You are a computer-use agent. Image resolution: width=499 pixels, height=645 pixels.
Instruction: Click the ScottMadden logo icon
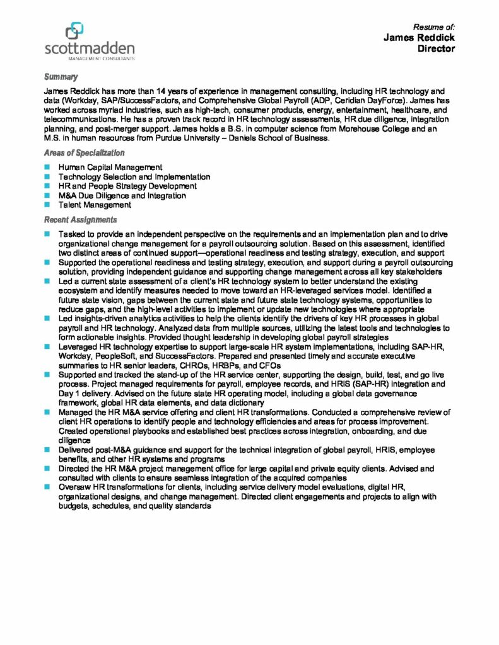(x=74, y=30)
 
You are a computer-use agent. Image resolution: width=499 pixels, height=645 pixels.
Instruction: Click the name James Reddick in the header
(x=419, y=38)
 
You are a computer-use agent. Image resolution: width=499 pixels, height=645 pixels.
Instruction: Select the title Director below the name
(x=436, y=49)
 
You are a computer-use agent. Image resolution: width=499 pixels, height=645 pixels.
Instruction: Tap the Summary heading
(x=61, y=77)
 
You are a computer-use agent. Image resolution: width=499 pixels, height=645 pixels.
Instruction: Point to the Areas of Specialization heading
(x=84, y=152)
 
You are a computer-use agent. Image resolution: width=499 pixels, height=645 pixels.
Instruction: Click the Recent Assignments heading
(x=80, y=220)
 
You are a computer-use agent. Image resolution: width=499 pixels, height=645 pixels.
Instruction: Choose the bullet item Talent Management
(x=95, y=205)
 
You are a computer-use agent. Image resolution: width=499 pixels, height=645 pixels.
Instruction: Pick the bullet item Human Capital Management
(x=110, y=168)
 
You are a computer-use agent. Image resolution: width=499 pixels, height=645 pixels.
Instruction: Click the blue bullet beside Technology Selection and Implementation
(x=47, y=177)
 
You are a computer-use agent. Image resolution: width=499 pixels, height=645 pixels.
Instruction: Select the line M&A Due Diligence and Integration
(x=122, y=195)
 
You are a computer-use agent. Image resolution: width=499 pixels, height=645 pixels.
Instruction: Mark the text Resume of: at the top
(x=434, y=27)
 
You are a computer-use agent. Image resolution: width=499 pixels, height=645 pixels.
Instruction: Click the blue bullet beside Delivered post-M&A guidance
(x=47, y=450)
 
